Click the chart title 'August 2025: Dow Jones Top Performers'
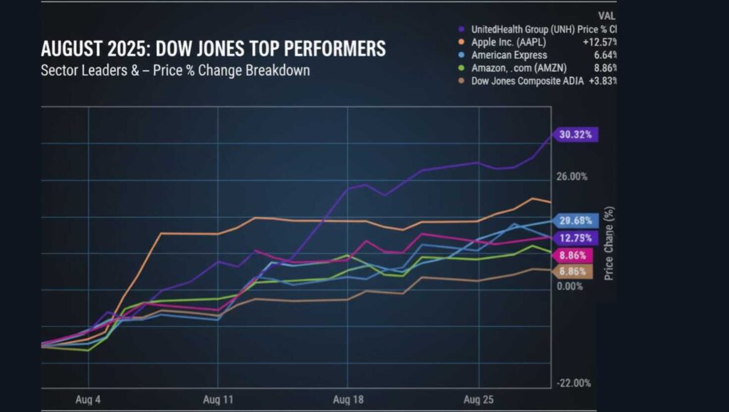214,49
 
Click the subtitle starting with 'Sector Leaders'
175,71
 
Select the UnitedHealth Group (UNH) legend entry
534,29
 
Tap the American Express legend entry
508,55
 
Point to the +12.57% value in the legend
600,42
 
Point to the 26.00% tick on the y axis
572,176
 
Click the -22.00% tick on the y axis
574,383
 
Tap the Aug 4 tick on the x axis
88,399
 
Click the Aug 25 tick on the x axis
478,399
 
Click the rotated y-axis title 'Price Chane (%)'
609,243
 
